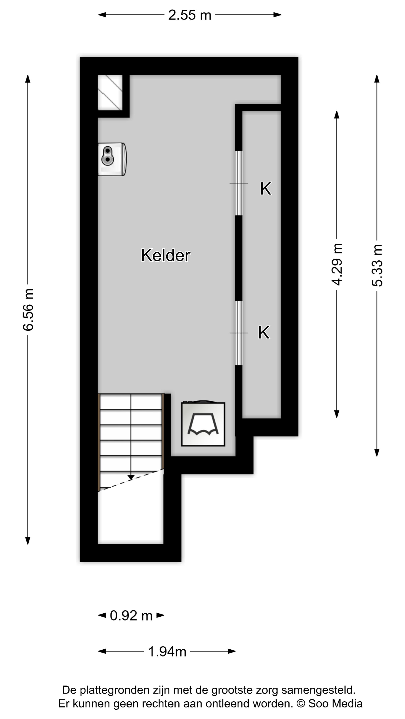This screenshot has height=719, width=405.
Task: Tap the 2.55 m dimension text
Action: [x=190, y=15]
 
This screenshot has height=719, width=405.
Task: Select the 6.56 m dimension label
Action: [x=28, y=310]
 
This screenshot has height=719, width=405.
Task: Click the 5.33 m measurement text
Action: [x=377, y=265]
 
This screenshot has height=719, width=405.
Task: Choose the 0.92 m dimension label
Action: [x=131, y=615]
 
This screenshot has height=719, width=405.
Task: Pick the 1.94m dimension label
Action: [x=167, y=652]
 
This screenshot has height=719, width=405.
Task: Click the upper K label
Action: [x=265, y=189]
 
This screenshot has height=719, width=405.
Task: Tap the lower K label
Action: [x=264, y=333]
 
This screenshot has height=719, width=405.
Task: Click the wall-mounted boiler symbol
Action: [x=112, y=159]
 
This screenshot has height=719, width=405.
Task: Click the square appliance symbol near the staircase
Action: [x=203, y=424]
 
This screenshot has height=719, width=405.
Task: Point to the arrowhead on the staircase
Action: [x=130, y=478]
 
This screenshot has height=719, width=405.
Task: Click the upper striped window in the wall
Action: [x=239, y=183]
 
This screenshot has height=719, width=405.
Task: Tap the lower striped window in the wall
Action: [x=239, y=333]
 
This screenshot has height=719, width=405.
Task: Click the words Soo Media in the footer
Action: [x=335, y=704]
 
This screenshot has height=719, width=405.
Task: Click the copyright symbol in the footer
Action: [x=300, y=704]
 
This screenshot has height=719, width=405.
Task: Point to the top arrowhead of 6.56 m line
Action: [x=28, y=78]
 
